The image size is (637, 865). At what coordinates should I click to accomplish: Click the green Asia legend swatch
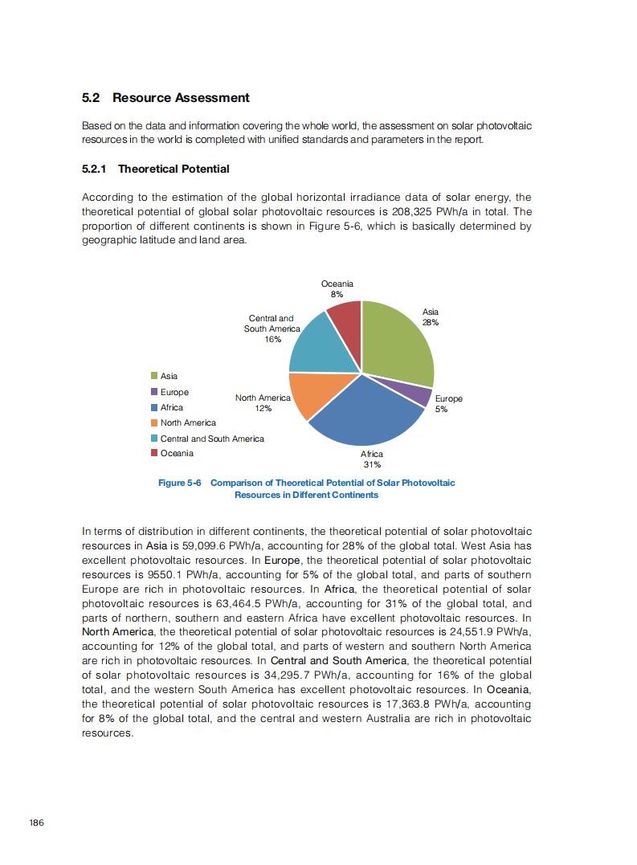[x=154, y=376]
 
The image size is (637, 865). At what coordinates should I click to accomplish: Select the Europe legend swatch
[x=154, y=392]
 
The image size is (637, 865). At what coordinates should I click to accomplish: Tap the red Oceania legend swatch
[x=154, y=454]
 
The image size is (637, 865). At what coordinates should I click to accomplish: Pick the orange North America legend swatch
[x=154, y=423]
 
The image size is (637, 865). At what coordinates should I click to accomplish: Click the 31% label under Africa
[x=372, y=464]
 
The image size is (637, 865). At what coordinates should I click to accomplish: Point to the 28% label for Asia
[x=431, y=322]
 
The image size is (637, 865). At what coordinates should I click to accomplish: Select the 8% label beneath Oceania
[x=337, y=294]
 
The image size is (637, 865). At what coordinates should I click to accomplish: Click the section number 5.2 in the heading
[x=91, y=98]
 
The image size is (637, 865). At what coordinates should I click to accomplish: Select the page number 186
[x=36, y=822]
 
